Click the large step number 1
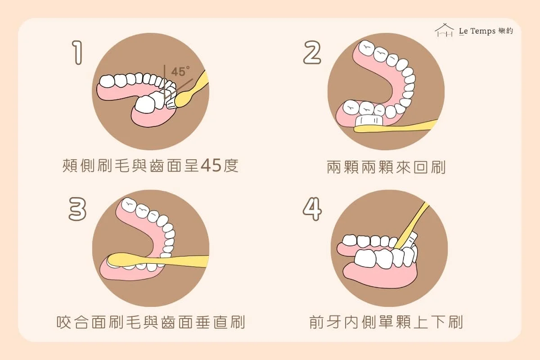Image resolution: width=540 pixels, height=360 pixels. pos(77,53)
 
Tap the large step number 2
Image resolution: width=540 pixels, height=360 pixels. pos(312,52)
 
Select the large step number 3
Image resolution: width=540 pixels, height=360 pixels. pos(77,209)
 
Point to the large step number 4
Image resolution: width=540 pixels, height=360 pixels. pos(312,209)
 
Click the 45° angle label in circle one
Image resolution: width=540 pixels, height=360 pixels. pos(180,72)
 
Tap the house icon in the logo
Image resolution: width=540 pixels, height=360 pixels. pos(444,31)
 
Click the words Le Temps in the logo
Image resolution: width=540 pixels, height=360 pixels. pos(477,31)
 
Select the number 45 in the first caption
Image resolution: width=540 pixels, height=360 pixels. pos(211,166)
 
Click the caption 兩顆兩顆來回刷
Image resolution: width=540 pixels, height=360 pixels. pos(386,167)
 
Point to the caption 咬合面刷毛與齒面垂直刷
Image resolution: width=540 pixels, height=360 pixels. pos(151,322)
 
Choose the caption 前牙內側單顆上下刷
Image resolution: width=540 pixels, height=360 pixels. pos(386,322)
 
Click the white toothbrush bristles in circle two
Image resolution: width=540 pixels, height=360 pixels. pos(369,121)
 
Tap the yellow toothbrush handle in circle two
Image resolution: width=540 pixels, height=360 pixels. pos(396,126)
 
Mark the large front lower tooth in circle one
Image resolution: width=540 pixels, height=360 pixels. pos(145,104)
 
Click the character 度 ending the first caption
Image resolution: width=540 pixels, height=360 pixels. pos(231,166)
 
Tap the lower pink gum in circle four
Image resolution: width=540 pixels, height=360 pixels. pos(380,276)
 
